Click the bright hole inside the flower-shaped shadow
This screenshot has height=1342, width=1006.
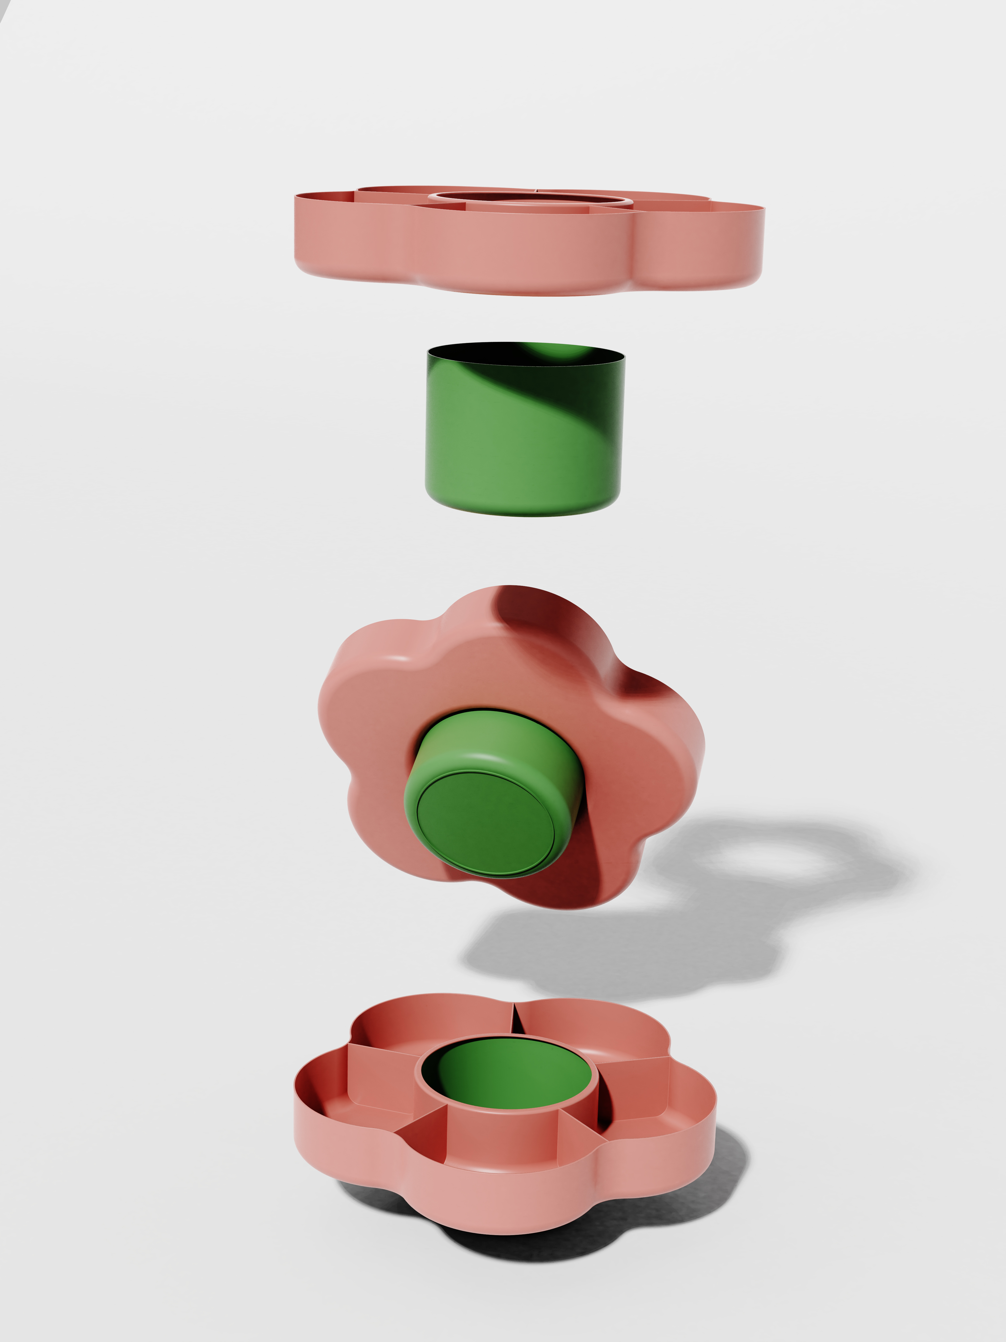tap(770, 861)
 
